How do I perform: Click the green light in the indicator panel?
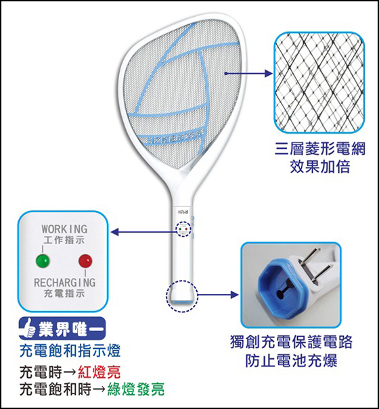43,260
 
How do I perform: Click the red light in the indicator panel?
85,261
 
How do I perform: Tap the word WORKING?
64,229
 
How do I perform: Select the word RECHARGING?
64,283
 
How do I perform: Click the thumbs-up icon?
28,329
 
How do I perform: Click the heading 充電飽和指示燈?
70,351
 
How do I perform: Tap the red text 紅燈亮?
99,372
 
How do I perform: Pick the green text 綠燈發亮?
136,389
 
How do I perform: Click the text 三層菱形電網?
320,149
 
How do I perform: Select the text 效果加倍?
320,166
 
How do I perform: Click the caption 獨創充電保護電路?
291,341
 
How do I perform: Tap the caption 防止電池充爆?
291,360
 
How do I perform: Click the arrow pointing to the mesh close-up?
248,74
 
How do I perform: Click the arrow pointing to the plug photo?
218,295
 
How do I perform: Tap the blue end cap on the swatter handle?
182,302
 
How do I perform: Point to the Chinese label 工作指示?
64,240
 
